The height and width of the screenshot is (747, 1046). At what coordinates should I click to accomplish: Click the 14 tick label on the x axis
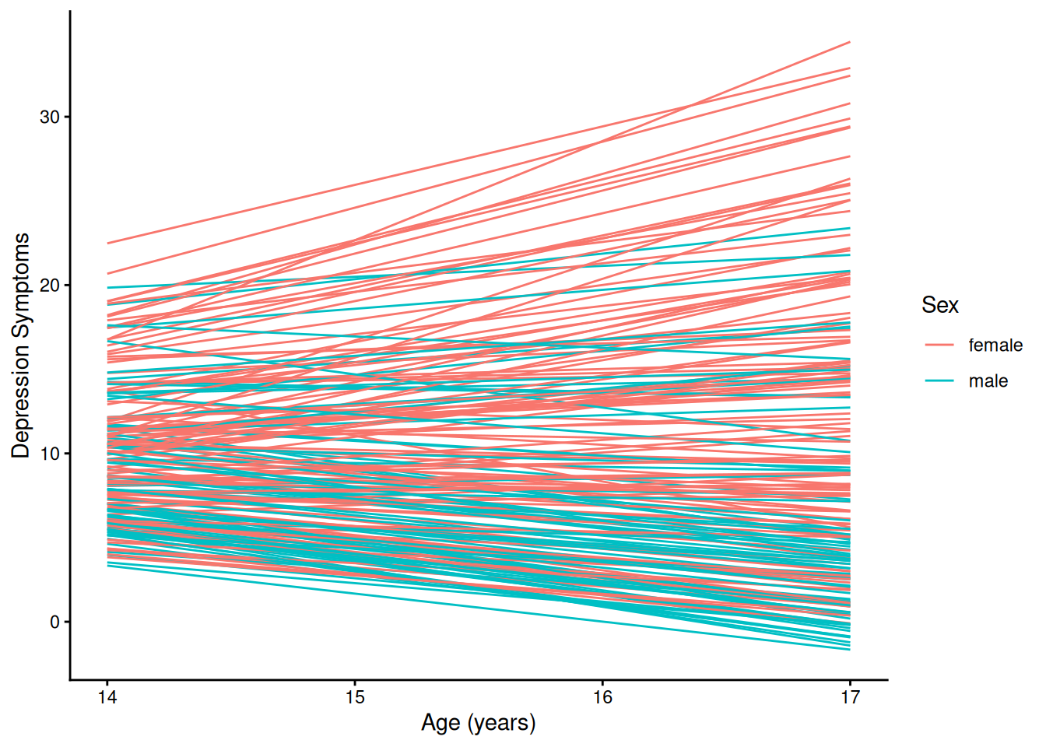point(107,697)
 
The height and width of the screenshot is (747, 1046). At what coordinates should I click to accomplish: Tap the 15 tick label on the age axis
point(355,697)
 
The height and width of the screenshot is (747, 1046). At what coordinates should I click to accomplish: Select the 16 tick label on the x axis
point(602,697)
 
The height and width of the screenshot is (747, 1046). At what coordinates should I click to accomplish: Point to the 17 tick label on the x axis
point(850,697)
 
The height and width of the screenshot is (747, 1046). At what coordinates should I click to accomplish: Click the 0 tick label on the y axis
point(54,622)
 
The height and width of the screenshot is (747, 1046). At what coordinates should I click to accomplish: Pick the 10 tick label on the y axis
point(50,454)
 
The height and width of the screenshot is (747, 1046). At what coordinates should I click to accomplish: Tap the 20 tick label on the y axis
point(50,286)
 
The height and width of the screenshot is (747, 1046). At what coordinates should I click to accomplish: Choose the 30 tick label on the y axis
point(50,117)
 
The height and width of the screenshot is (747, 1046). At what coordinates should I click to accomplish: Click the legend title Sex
point(939,305)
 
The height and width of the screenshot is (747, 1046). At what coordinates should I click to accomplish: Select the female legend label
point(995,345)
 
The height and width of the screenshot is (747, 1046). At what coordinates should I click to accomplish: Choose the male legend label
point(988,381)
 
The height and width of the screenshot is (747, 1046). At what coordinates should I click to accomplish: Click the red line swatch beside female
point(939,345)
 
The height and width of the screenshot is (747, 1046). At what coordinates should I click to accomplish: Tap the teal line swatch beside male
point(939,381)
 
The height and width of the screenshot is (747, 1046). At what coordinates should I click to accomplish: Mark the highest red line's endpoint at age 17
point(849,42)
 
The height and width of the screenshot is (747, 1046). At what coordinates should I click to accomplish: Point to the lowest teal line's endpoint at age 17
point(849,650)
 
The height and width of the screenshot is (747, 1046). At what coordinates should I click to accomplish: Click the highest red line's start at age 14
point(108,244)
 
